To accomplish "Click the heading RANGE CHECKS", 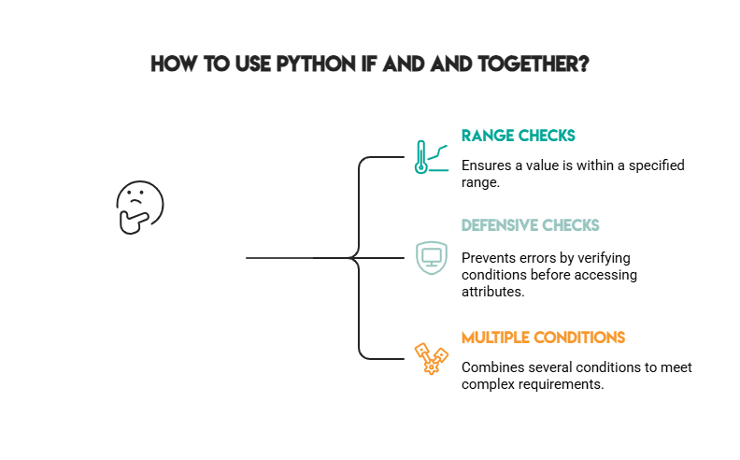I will tap(518, 136).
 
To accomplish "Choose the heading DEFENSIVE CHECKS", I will tap(530, 225).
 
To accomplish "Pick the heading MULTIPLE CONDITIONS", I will tap(543, 337).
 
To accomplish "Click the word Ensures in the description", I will tap(487, 165).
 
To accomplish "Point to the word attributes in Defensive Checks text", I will tap(492, 292).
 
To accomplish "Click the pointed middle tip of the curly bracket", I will tap(348, 257).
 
